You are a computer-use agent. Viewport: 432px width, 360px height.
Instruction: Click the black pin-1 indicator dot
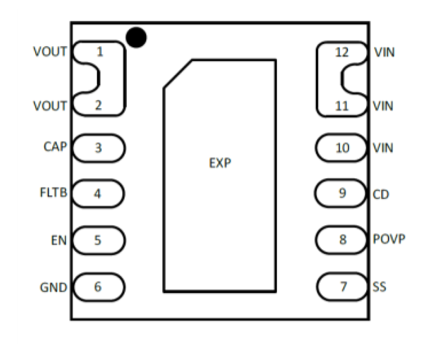click(136, 37)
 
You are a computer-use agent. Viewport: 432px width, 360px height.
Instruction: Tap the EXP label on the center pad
click(220, 163)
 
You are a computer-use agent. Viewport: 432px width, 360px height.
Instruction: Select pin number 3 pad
click(99, 148)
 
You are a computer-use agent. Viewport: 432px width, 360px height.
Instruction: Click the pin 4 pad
click(98, 193)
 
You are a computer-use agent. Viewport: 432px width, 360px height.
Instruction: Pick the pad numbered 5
click(98, 240)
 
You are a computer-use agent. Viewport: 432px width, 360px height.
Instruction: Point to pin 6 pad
click(98, 287)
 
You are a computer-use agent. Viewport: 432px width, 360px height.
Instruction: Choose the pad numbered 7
click(343, 287)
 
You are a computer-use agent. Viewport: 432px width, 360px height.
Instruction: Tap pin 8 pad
click(343, 240)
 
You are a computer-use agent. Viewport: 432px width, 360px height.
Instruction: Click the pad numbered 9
click(343, 193)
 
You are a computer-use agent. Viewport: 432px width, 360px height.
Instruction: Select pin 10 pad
click(343, 148)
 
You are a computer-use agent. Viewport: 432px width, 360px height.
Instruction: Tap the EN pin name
click(59, 241)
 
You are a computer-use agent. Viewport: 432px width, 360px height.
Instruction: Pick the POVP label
click(389, 240)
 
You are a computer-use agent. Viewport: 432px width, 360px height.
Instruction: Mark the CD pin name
click(381, 194)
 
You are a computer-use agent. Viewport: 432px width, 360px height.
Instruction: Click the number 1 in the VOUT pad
click(99, 51)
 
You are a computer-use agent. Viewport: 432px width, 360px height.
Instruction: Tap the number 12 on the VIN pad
click(342, 52)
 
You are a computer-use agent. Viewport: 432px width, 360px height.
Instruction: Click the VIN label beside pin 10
click(383, 148)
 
